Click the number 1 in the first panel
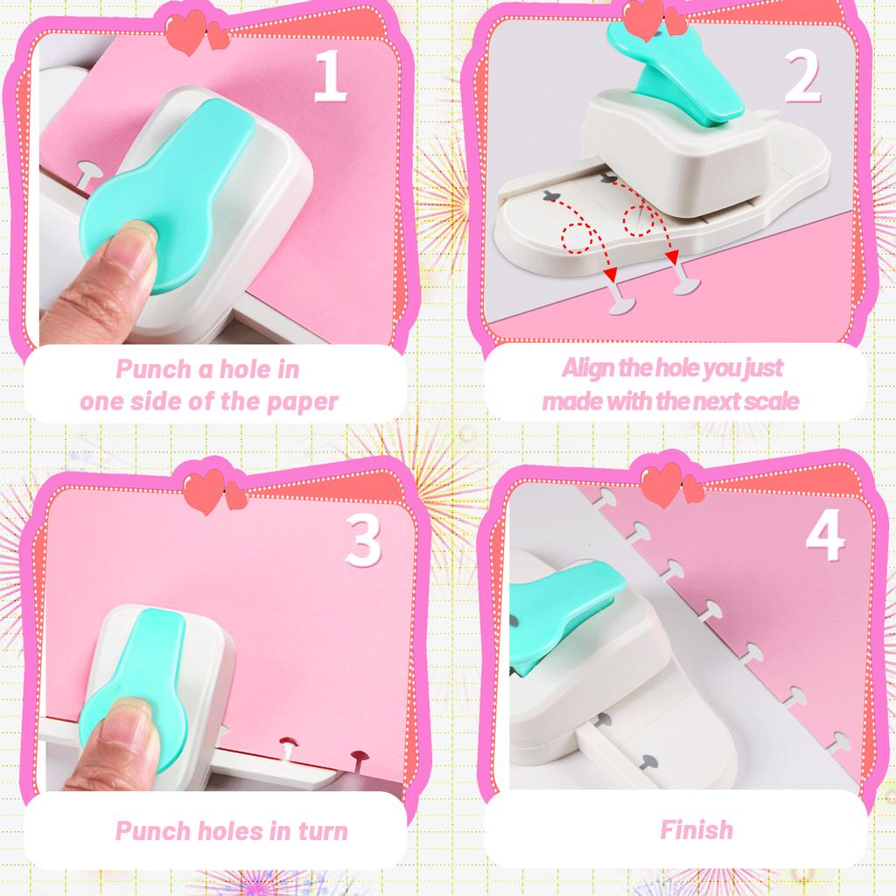[331, 77]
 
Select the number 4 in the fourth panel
[824, 535]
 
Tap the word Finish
[696, 829]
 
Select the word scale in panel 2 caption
[771, 401]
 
